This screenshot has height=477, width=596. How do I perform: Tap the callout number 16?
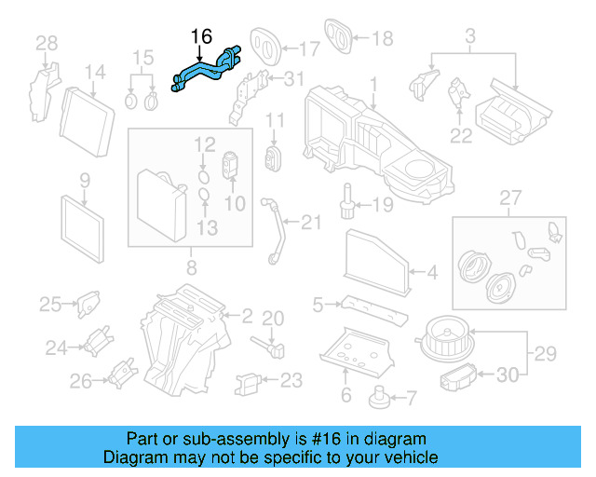[x=201, y=37]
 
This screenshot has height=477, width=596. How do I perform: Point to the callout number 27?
[x=509, y=198]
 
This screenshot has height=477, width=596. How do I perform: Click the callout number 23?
[x=291, y=380]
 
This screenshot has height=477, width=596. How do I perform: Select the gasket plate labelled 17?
[x=267, y=40]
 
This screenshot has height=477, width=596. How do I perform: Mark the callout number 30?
[x=507, y=375]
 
